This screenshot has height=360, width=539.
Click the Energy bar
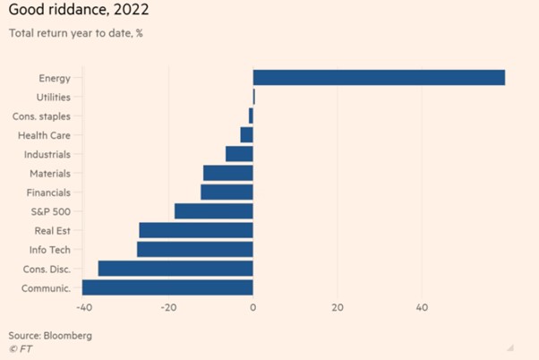pos(379,78)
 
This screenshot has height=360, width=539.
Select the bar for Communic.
pos(167,287)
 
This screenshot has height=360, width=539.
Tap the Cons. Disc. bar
pos(175,269)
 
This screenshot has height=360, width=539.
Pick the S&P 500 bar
pos(213,211)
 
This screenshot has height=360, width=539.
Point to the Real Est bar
pos(196,230)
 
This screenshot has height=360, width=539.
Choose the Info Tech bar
pos(195,250)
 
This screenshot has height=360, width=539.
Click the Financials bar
pos(227,192)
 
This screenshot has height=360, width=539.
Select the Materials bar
pos(228,173)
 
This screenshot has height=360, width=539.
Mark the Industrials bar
pos(239,154)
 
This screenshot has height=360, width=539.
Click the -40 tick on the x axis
pos(83,308)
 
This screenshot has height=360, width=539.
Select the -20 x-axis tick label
pos(168,308)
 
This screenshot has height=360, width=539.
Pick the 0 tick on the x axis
pos(253,308)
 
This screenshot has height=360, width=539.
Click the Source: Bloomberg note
pos(50,335)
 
